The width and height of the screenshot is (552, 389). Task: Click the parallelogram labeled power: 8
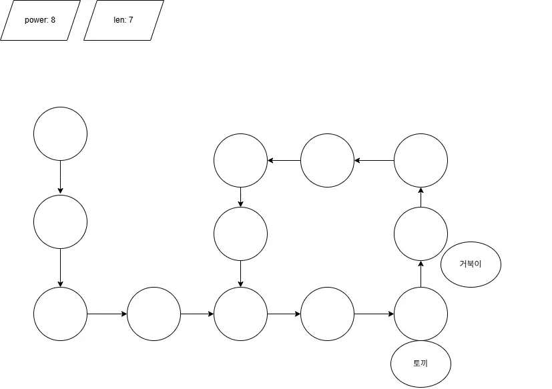pyautogui.click(x=40, y=20)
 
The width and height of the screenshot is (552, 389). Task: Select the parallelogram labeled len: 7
pyautogui.click(x=123, y=20)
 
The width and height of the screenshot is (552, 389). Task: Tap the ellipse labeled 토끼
pyautogui.click(x=421, y=364)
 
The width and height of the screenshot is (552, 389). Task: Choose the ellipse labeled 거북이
pyautogui.click(x=471, y=264)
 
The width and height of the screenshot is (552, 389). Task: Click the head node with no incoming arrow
pyautogui.click(x=60, y=133)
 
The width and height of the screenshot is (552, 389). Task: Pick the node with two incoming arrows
pyautogui.click(x=240, y=314)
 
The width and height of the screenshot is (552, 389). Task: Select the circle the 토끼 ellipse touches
pyautogui.click(x=421, y=314)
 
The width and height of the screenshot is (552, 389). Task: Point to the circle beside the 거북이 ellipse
pyautogui.click(x=421, y=234)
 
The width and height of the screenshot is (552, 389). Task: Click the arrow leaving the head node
pyautogui.click(x=60, y=177)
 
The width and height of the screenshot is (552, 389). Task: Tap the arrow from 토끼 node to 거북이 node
pyautogui.click(x=421, y=274)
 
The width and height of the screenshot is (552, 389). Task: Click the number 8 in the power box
pyautogui.click(x=53, y=20)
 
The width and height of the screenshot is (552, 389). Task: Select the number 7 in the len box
pyautogui.click(x=131, y=20)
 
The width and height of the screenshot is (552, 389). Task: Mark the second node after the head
pyautogui.click(x=60, y=314)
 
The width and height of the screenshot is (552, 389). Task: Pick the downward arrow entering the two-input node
pyautogui.click(x=240, y=274)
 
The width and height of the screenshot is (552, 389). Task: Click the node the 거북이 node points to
pyautogui.click(x=421, y=160)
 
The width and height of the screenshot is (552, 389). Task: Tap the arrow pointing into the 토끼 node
pyautogui.click(x=374, y=314)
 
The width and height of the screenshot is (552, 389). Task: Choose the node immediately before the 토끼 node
pyautogui.click(x=327, y=314)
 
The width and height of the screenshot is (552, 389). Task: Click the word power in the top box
pyautogui.click(x=36, y=20)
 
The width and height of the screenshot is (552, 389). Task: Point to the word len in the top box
pyautogui.click(x=119, y=20)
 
